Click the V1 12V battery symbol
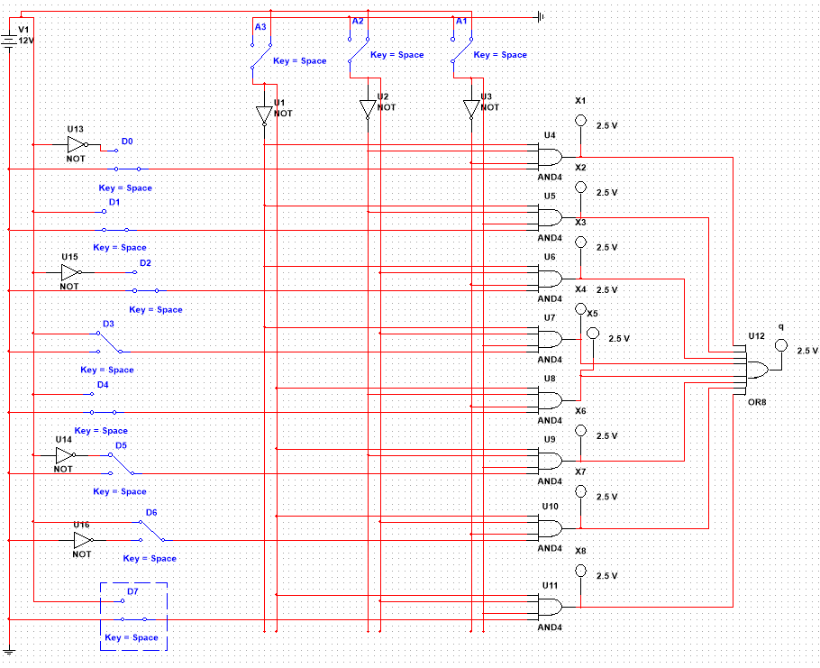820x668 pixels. [x=9, y=41]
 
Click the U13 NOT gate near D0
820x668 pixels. [x=77, y=144]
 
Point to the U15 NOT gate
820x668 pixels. [x=71, y=272]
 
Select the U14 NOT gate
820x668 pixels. [x=66, y=455]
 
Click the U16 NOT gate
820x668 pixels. [x=84, y=540]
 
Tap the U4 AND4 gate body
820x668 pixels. [x=550, y=156]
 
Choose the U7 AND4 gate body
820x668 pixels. [x=550, y=339]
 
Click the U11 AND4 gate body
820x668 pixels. [x=550, y=607]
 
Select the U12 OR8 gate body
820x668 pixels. [x=757, y=370]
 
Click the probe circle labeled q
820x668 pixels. [x=780, y=345]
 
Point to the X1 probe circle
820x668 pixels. [x=580, y=120]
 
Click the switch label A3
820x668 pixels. [x=260, y=27]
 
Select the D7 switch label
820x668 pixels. [x=132, y=591]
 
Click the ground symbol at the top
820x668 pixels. [x=541, y=17]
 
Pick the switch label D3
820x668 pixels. [x=108, y=324]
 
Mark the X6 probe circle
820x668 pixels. [x=580, y=430]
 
